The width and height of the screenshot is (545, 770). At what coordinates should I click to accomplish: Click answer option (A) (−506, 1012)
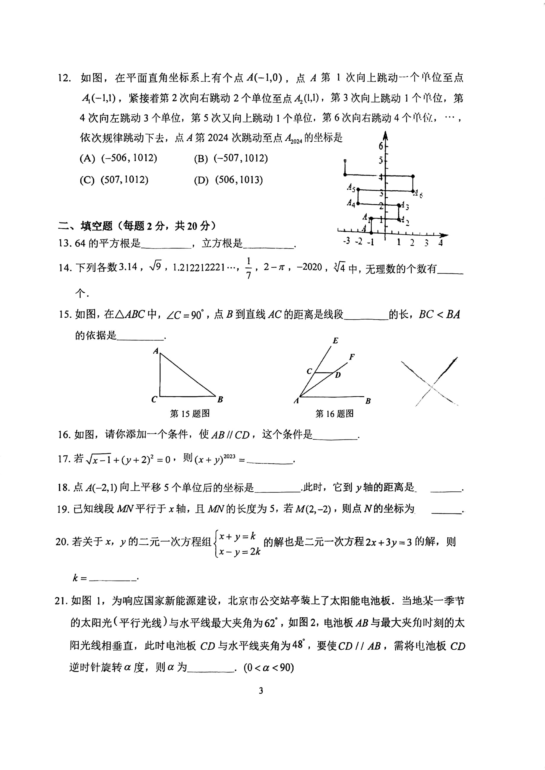(x=118, y=158)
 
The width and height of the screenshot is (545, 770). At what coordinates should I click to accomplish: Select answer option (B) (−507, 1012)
(x=231, y=158)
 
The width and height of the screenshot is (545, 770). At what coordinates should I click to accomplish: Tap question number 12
(x=64, y=78)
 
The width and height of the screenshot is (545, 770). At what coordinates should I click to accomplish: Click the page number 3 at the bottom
(x=261, y=690)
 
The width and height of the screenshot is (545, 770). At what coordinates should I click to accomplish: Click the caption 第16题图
(x=335, y=413)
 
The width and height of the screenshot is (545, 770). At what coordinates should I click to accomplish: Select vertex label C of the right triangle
(x=154, y=399)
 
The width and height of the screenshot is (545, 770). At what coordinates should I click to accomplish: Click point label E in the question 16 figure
(x=335, y=341)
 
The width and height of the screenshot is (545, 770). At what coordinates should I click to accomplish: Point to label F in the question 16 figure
(x=352, y=357)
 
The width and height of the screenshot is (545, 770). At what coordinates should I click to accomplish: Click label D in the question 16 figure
(x=338, y=375)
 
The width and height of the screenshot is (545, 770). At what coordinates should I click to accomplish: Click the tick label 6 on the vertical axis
(x=381, y=146)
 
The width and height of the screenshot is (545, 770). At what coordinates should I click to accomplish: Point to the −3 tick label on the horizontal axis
(x=346, y=241)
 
